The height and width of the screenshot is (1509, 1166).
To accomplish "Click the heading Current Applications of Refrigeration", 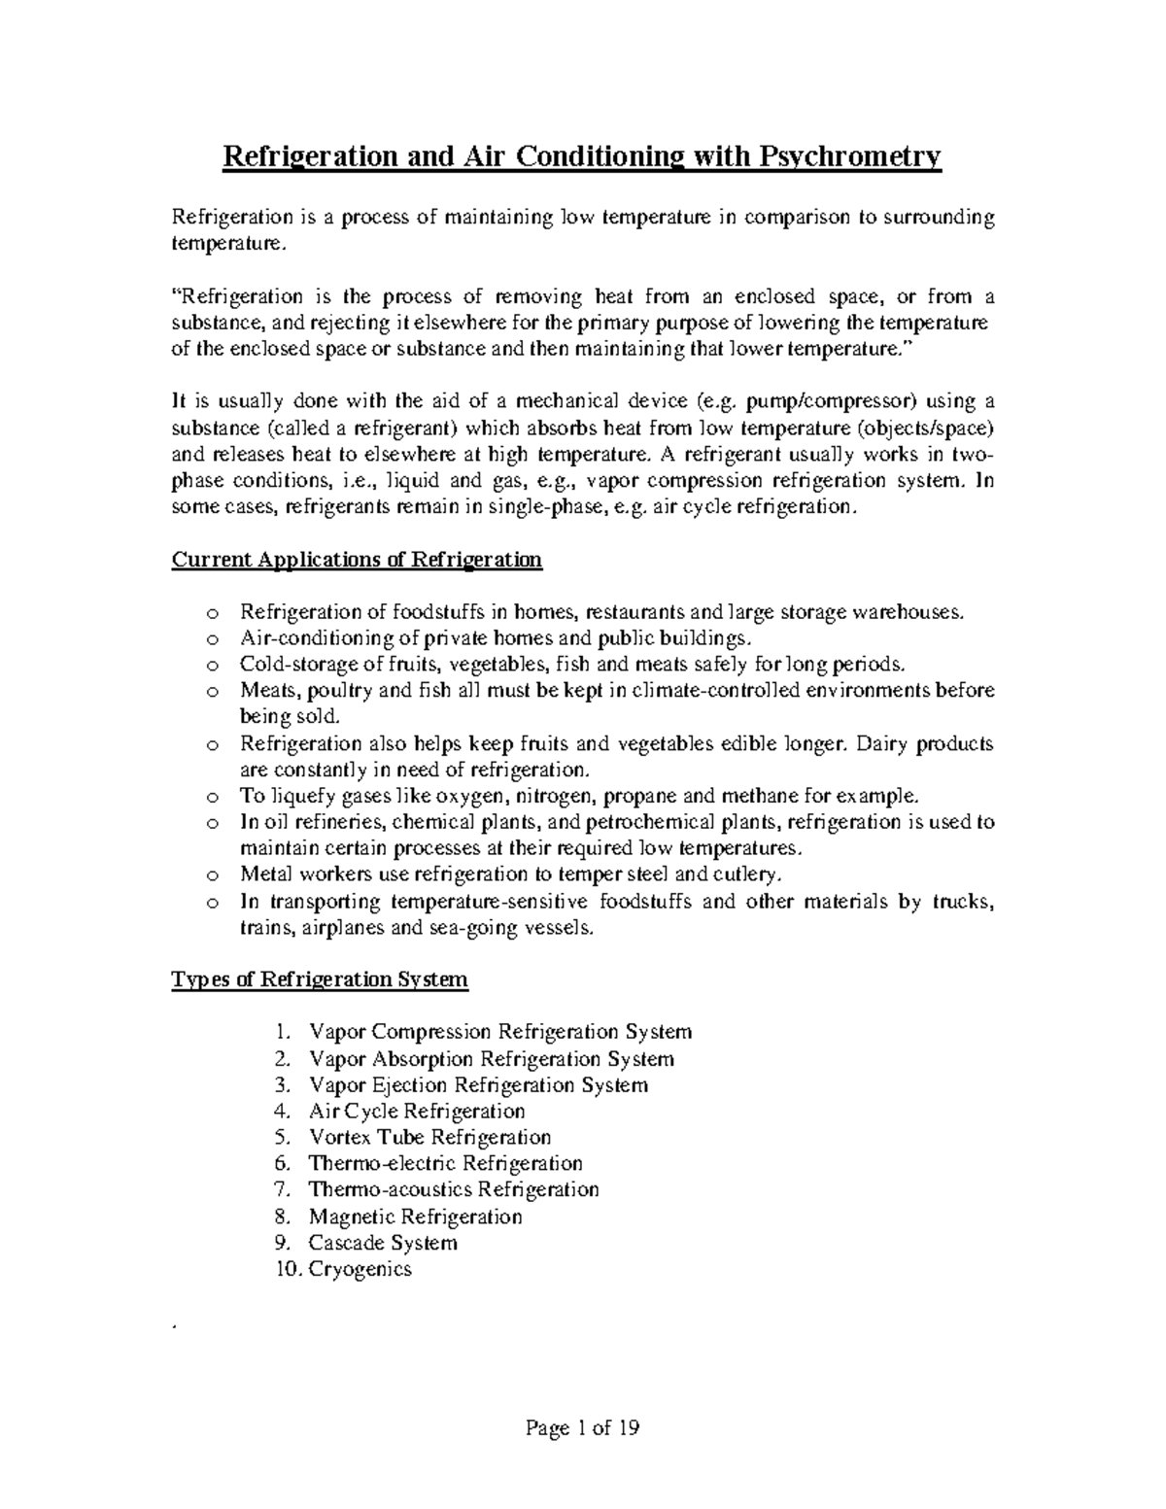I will coord(357,561).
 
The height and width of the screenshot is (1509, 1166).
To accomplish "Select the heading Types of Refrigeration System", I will coord(320,979).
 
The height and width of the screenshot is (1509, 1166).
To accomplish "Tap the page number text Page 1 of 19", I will coord(583,1427).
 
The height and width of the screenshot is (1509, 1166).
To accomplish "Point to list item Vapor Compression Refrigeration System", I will coord(499,1032).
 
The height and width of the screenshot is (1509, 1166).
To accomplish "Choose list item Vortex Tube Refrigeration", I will coord(429,1137).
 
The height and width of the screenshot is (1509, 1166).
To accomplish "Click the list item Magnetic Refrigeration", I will coord(415,1217).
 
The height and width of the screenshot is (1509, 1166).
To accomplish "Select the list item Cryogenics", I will coord(360,1269).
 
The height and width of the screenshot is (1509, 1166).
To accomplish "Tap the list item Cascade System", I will coord(383,1243).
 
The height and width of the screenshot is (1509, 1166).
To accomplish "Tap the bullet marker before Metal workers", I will coord(213,875).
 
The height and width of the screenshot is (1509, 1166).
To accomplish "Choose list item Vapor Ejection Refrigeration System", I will coord(478,1084).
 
